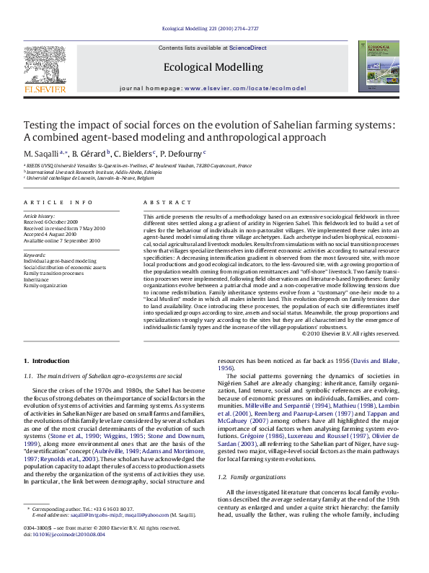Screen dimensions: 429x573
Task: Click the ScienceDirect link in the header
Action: point(248,48)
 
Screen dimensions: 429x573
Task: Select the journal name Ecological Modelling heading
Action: point(213,67)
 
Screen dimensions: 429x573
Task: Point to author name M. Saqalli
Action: point(42,153)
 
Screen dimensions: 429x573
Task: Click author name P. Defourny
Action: point(183,153)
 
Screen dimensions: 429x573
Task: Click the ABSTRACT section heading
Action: point(163,204)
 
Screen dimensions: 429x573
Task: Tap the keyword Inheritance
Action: point(37,279)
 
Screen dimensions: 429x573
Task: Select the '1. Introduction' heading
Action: point(47,360)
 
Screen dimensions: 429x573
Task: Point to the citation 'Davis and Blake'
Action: point(375,360)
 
